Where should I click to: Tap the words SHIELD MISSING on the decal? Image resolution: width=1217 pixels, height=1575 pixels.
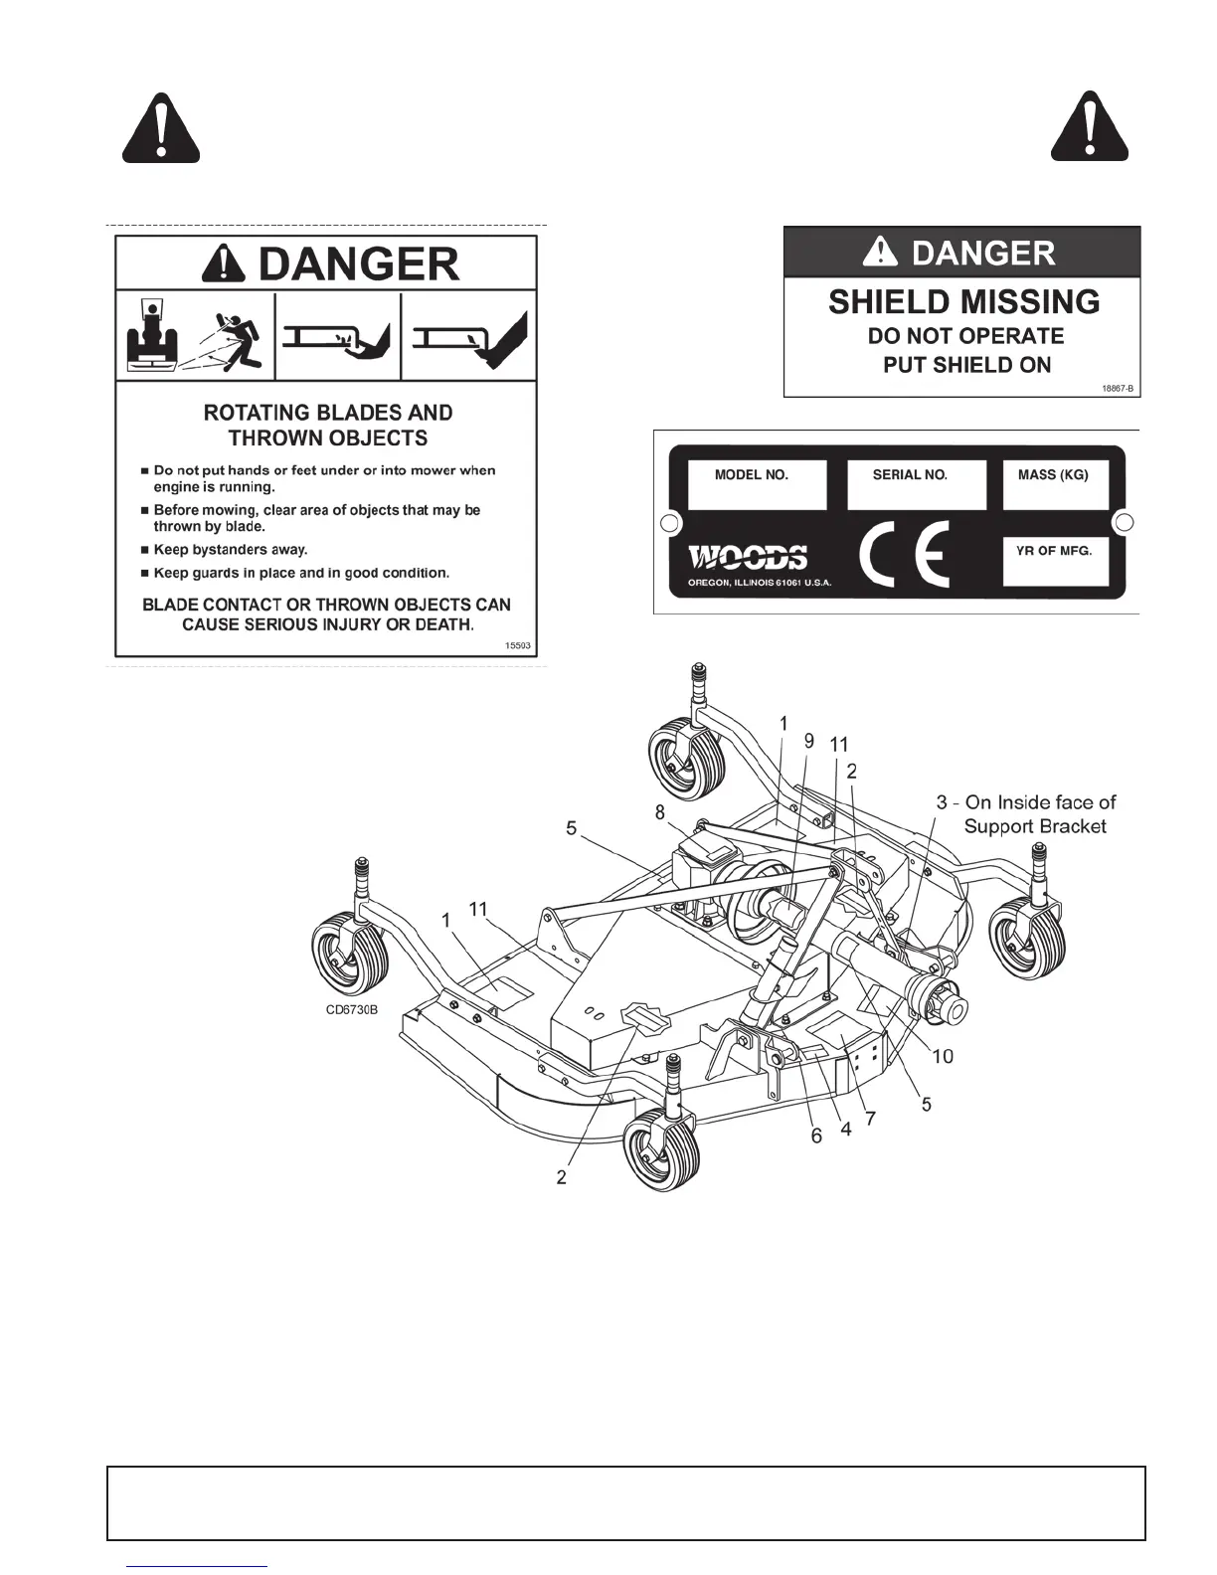coord(963,301)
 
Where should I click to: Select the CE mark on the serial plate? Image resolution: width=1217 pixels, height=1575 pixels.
coord(903,555)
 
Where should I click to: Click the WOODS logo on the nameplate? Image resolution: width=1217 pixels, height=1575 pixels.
coord(749,557)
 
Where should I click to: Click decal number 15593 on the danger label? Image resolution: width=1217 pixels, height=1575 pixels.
coord(518,645)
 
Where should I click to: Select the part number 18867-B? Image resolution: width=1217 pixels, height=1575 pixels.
coord(1118,388)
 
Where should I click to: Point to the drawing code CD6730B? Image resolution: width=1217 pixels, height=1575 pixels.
coord(352,1011)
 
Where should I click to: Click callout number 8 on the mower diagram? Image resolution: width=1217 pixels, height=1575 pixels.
coord(659,812)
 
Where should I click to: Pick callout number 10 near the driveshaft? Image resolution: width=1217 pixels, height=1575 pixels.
coord(942,1055)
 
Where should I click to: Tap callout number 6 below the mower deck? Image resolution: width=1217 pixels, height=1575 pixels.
coord(816,1136)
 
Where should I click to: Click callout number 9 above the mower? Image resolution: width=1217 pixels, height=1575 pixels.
coord(808,741)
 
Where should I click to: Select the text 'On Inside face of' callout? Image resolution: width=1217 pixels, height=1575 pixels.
coord(1040,802)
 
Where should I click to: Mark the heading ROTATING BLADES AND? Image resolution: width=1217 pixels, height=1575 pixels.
coord(327,413)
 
